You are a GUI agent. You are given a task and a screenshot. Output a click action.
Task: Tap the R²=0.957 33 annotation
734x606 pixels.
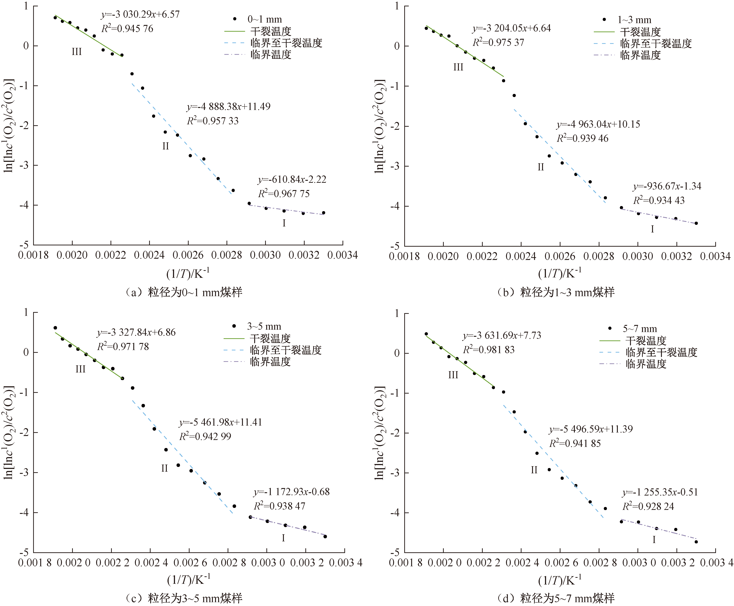coord(213,121)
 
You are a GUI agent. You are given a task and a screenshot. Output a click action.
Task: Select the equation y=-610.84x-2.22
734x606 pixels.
coord(292,179)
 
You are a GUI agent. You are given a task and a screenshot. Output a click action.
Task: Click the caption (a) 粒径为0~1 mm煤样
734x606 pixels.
coord(184,292)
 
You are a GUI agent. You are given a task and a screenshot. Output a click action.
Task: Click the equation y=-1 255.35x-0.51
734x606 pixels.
coord(660,492)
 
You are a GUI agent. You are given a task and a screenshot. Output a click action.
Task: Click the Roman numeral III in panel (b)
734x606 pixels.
coord(458,67)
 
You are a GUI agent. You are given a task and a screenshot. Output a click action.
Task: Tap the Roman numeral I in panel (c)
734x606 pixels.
coord(283,538)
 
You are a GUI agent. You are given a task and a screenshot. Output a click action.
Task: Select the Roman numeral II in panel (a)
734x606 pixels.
coord(166,146)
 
